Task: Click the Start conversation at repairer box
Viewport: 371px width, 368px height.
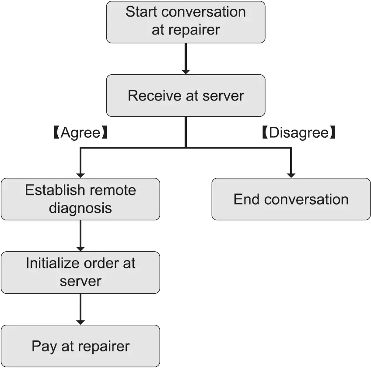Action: coord(185,22)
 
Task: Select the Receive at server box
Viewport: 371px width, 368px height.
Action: coord(185,95)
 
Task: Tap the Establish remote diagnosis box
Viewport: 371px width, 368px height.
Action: coord(80,199)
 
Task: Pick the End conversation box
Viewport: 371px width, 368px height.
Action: coord(291,199)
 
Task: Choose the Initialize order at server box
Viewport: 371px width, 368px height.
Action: coord(80,272)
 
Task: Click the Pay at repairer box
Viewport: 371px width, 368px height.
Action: coord(80,346)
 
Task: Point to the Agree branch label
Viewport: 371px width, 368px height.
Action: coord(80,133)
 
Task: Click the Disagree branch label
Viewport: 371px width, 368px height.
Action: coord(299,133)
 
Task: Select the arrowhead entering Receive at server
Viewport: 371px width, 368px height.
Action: coord(185,71)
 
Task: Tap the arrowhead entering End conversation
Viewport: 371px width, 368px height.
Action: coord(291,175)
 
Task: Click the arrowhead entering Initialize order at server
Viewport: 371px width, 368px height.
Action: coord(80,248)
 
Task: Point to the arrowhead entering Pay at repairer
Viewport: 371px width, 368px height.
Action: coord(80,322)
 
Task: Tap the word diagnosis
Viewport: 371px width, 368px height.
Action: coord(80,208)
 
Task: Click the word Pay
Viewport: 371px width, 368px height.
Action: coord(42,346)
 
